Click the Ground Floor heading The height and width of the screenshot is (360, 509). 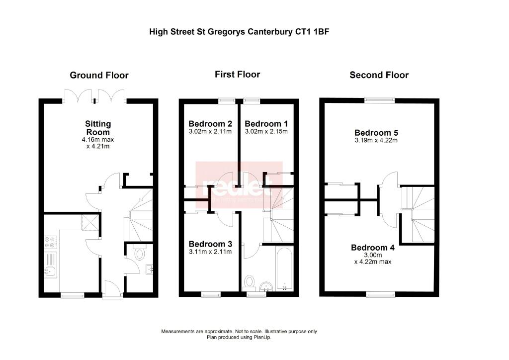click(x=99, y=76)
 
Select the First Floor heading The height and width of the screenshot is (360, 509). click(x=237, y=75)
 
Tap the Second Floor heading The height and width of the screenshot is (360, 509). click(x=379, y=75)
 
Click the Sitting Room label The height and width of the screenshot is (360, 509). click(x=98, y=128)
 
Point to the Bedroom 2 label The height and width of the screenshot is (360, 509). click(x=211, y=124)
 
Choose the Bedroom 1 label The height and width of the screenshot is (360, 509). click(x=266, y=124)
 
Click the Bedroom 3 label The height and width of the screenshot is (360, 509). click(x=211, y=244)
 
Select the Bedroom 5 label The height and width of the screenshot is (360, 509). click(x=376, y=133)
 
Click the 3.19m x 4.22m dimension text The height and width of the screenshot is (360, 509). click(x=376, y=140)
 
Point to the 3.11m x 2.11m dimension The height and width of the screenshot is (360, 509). click(x=211, y=252)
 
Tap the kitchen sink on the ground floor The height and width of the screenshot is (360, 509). click(x=50, y=271)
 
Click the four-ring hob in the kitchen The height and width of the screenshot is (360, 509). click(x=50, y=242)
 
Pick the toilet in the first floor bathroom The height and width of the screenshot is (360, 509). click(x=249, y=282)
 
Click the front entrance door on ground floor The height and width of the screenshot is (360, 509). click(x=112, y=291)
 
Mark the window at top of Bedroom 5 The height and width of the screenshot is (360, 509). click(x=380, y=99)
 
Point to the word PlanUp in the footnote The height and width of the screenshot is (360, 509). click(x=262, y=337)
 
